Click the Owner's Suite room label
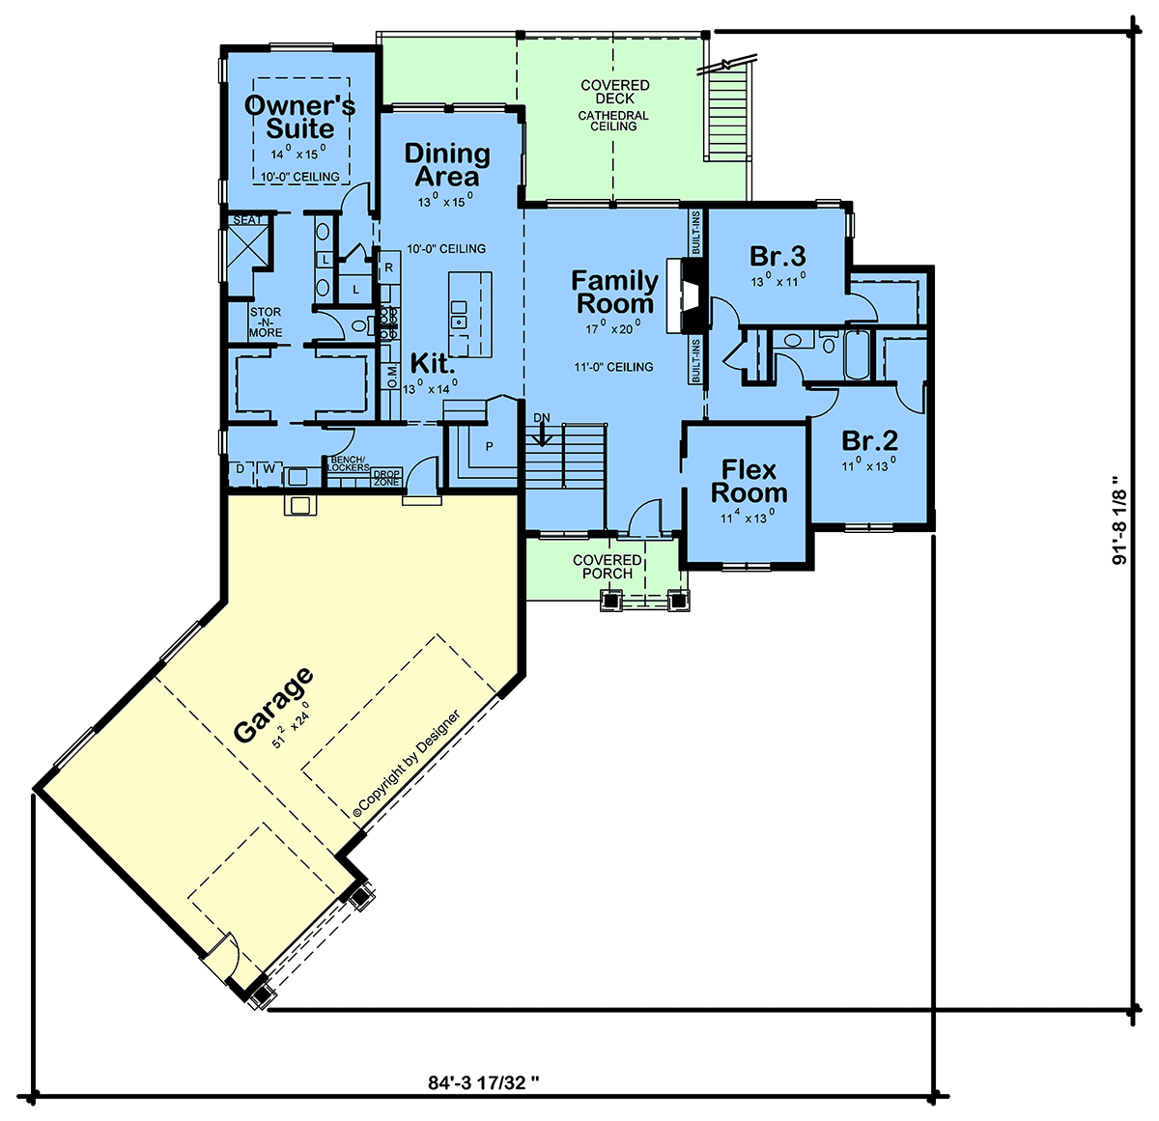300,117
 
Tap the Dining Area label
447,165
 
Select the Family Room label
614,292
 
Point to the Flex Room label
749,482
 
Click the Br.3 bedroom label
777,256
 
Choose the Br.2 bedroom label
869,440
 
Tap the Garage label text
273,705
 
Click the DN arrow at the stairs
542,435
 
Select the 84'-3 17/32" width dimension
484,1082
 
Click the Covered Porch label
607,567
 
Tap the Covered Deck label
614,92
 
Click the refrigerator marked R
389,267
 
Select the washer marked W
269,468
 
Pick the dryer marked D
240,468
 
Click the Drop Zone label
387,478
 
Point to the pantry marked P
489,446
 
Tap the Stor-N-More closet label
266,322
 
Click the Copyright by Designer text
407,763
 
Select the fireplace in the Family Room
688,295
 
